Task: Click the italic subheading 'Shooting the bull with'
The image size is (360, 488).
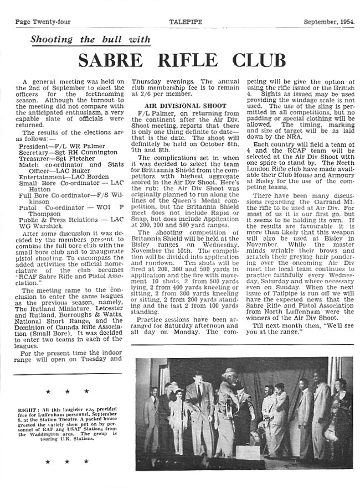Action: click(90, 39)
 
